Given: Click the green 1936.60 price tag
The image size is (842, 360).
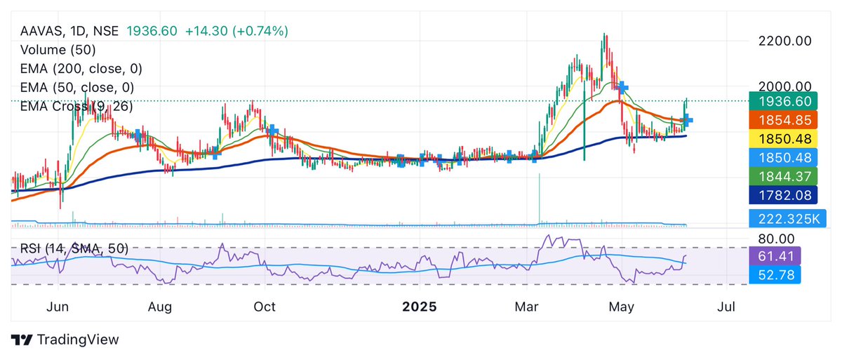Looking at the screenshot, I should point(775,101).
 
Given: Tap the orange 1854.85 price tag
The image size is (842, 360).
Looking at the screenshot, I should point(775,120).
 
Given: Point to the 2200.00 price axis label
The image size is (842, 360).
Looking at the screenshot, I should point(784,41).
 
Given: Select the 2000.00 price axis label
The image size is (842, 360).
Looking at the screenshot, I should point(784,86).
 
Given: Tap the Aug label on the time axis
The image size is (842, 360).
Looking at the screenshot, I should point(161,307).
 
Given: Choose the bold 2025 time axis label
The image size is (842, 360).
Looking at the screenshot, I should point(419,307).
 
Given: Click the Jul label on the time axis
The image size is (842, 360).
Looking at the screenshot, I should point(728,307).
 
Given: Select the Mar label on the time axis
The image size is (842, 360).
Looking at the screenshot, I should point(526,307).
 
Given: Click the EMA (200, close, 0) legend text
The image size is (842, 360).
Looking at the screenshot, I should point(77,69).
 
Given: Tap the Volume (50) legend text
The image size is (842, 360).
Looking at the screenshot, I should point(58,50).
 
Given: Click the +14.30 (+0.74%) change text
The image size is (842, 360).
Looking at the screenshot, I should point(236,31).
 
